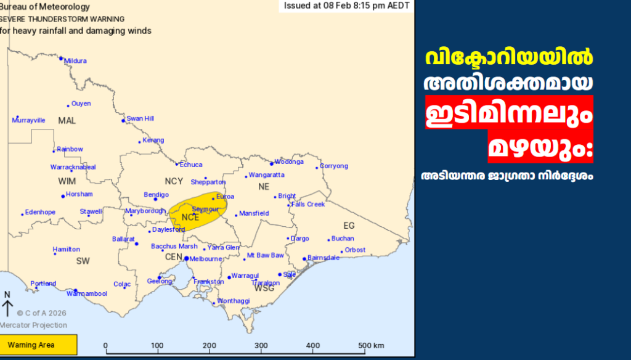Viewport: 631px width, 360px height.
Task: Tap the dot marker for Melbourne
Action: coord(187,259)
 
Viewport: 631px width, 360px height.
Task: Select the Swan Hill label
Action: coord(140,118)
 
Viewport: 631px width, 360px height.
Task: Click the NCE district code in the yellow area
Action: coord(190,217)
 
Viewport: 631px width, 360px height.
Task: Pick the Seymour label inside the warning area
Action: coord(205,209)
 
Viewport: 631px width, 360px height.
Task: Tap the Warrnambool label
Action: coord(87,294)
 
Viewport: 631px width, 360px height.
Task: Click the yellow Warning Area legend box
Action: coord(39,345)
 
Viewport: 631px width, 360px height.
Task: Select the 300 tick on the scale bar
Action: coord(262,345)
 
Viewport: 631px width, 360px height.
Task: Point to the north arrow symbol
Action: coord(7,305)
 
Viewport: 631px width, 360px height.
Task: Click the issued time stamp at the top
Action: coord(346,6)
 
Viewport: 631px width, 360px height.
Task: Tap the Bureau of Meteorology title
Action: coord(44,7)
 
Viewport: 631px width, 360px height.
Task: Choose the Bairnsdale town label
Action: coord(323,258)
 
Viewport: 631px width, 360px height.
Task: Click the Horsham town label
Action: coord(79,194)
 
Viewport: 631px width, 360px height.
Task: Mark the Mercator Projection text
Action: coord(34,325)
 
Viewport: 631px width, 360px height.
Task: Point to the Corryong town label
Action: coord(335,166)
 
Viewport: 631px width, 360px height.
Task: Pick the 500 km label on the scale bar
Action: coord(371,345)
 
